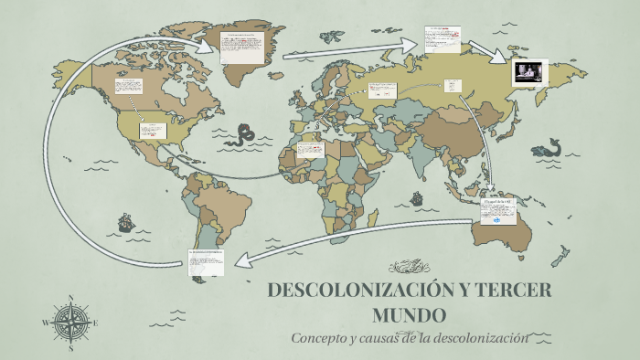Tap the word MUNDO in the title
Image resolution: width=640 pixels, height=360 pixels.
[x=409, y=316]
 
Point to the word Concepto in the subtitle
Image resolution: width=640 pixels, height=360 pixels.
[x=319, y=337]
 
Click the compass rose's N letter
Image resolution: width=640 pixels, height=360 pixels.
[x=71, y=298]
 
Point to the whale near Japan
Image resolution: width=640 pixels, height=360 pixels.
[x=550, y=146]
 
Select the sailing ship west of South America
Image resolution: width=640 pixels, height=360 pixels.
[x=124, y=222]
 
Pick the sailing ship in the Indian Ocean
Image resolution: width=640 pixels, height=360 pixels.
[x=416, y=197]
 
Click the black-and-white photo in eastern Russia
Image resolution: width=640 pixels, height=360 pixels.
[x=529, y=71]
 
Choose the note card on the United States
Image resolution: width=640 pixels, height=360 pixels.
[x=152, y=131]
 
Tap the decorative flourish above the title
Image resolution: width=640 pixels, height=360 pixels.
[x=409, y=267]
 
